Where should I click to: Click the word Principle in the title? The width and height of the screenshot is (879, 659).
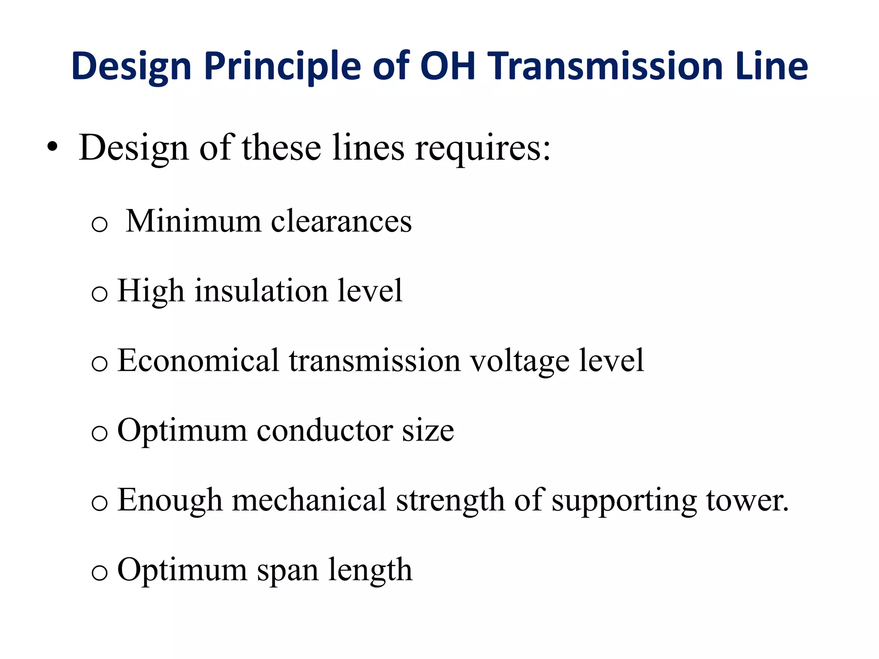(x=282, y=67)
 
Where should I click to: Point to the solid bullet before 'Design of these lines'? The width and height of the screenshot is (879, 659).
(x=52, y=148)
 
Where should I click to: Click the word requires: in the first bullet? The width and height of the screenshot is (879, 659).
(x=482, y=148)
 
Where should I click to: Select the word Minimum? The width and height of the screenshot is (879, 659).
(x=194, y=221)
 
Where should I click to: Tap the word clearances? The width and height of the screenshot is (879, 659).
(x=341, y=221)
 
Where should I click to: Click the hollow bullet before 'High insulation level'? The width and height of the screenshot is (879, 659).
(x=100, y=294)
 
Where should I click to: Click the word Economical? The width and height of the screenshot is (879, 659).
(x=198, y=360)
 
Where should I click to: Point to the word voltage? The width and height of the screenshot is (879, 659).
(x=520, y=361)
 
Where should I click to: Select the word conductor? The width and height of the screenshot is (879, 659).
(x=324, y=430)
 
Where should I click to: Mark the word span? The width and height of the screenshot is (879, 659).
(x=288, y=570)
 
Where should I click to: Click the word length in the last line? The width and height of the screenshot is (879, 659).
(x=370, y=570)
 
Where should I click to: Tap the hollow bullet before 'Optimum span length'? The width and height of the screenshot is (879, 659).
(x=100, y=573)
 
